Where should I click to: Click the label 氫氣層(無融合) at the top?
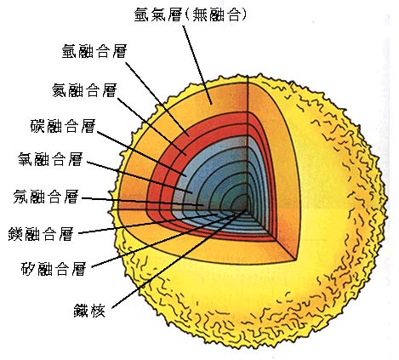pyautogui.click(x=191, y=14)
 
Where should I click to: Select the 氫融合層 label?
pyautogui.click(x=94, y=51)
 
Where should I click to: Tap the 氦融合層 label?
pyautogui.click(x=84, y=90)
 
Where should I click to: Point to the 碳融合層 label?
pyautogui.click(x=63, y=126)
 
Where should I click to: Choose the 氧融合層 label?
pyautogui.click(x=50, y=159)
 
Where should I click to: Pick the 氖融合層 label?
pyautogui.click(x=46, y=197)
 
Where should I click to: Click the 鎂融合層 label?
pyautogui.click(x=41, y=234)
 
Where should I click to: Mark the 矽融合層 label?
pyautogui.click(x=54, y=268)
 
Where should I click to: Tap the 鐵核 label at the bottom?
pyautogui.click(x=89, y=311)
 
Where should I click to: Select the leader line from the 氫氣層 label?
pyautogui.click(x=197, y=65)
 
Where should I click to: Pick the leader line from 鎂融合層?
pyautogui.click(x=148, y=224)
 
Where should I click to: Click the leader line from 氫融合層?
pyautogui.click(x=157, y=99)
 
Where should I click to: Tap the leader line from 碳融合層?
pyautogui.click(x=142, y=154)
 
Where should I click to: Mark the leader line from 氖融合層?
pyautogui.click(x=143, y=202)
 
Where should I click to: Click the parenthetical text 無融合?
pyautogui.click(x=216, y=14)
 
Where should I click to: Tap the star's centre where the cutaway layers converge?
pyautogui.click(x=247, y=209)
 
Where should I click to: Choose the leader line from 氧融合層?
pyautogui.click(x=140, y=178)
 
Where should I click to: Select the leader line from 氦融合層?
pyautogui.click(x=152, y=127)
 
